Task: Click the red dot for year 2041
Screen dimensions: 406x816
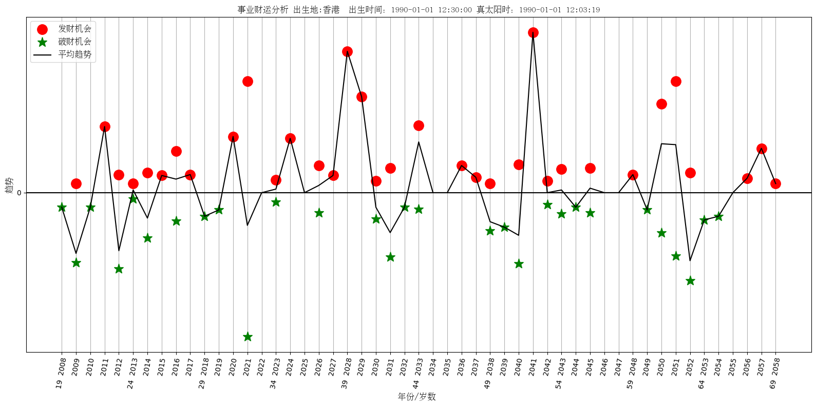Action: (533, 32)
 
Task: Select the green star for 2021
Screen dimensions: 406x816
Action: (248, 337)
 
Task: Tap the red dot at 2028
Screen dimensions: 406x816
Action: (347, 51)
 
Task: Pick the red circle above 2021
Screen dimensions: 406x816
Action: (248, 81)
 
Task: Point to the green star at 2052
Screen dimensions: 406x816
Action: (690, 281)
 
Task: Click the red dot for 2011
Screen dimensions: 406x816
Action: (105, 126)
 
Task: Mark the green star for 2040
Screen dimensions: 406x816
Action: (519, 264)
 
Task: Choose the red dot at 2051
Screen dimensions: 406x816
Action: (676, 81)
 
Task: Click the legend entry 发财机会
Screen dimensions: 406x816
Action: (74, 29)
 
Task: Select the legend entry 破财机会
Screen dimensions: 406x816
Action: (74, 42)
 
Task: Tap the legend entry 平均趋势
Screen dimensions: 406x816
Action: (74, 54)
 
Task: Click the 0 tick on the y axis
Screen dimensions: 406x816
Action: (19, 193)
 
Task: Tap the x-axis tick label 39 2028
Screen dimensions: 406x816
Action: (347, 373)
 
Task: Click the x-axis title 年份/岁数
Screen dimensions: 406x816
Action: (416, 397)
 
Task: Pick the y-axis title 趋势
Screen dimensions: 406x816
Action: (9, 185)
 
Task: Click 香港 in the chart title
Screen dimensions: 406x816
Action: (331, 10)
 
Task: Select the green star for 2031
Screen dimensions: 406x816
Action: (390, 257)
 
